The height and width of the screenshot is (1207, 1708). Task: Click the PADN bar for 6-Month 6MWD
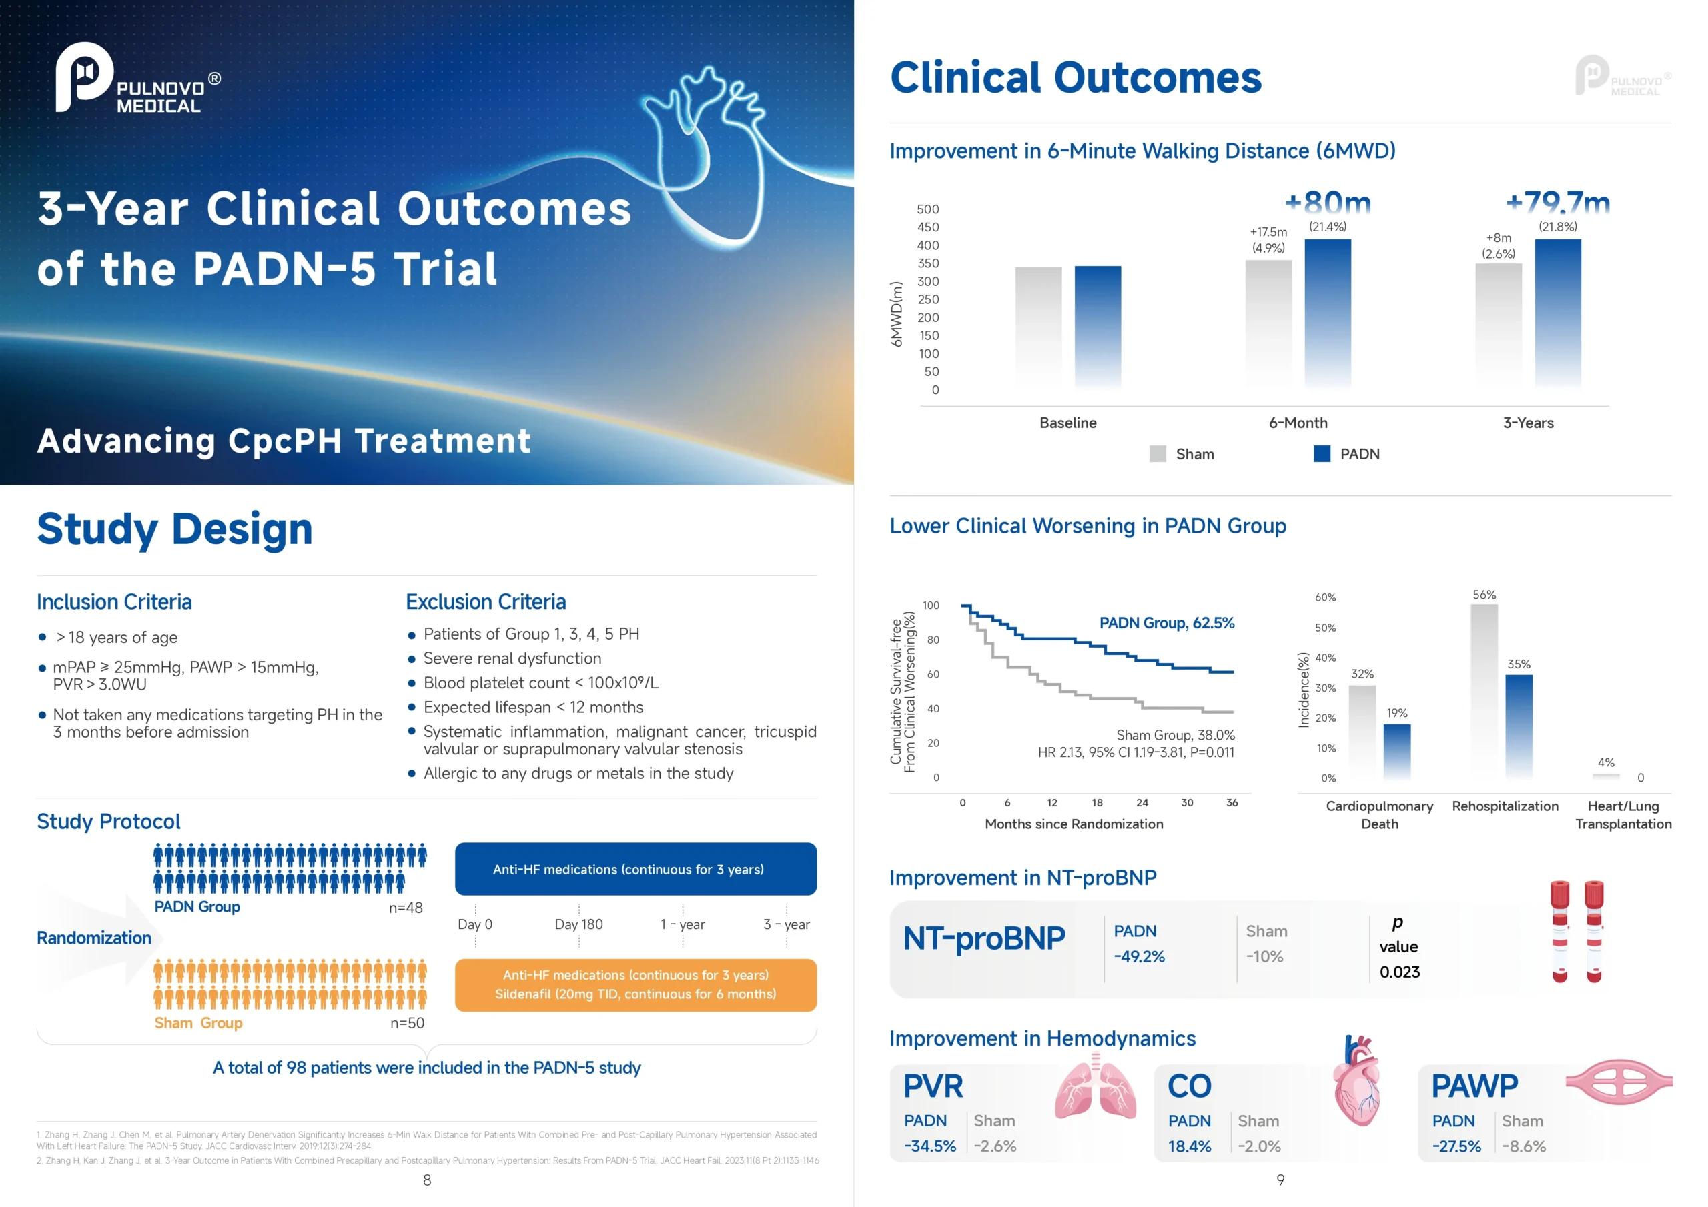[x=1327, y=312]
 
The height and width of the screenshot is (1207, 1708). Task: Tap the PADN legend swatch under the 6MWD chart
[x=1321, y=453]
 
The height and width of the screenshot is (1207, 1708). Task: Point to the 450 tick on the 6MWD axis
[x=927, y=227]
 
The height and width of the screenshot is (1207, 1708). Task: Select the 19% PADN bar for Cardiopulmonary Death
[x=1396, y=750]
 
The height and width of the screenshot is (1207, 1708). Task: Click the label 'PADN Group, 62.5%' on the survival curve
[x=1166, y=622]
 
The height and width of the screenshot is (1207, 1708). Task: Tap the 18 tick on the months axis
[x=1098, y=802]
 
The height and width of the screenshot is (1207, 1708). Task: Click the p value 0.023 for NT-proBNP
[x=1399, y=972]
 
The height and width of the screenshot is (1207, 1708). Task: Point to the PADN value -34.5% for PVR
[x=930, y=1146]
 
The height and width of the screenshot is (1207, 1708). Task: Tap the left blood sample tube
[x=1560, y=931]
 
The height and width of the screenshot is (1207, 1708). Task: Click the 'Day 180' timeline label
[x=578, y=924]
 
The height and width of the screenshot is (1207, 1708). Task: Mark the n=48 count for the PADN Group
[x=406, y=908]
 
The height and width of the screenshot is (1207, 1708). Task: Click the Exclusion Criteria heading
[x=486, y=601]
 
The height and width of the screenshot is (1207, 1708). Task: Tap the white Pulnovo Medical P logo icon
[x=83, y=76]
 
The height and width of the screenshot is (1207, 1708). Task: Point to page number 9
[x=1280, y=1180]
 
